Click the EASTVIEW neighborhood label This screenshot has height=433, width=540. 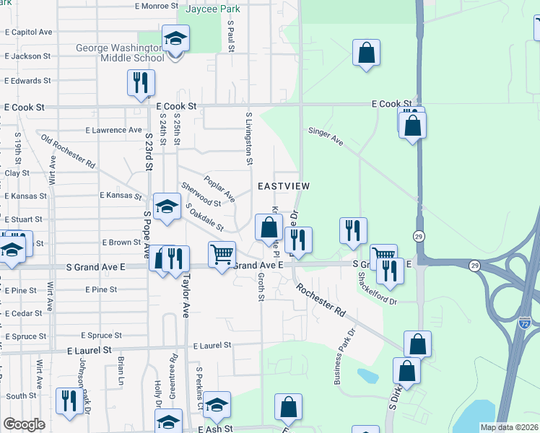click(x=284, y=186)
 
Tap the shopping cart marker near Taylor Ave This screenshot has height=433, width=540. click(x=222, y=254)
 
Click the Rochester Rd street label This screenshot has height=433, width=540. click(x=321, y=302)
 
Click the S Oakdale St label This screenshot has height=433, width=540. click(x=204, y=218)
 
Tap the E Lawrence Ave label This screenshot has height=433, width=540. click(x=113, y=130)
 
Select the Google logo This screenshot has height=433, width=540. click(x=25, y=424)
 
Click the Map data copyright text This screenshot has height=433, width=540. click(x=510, y=427)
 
